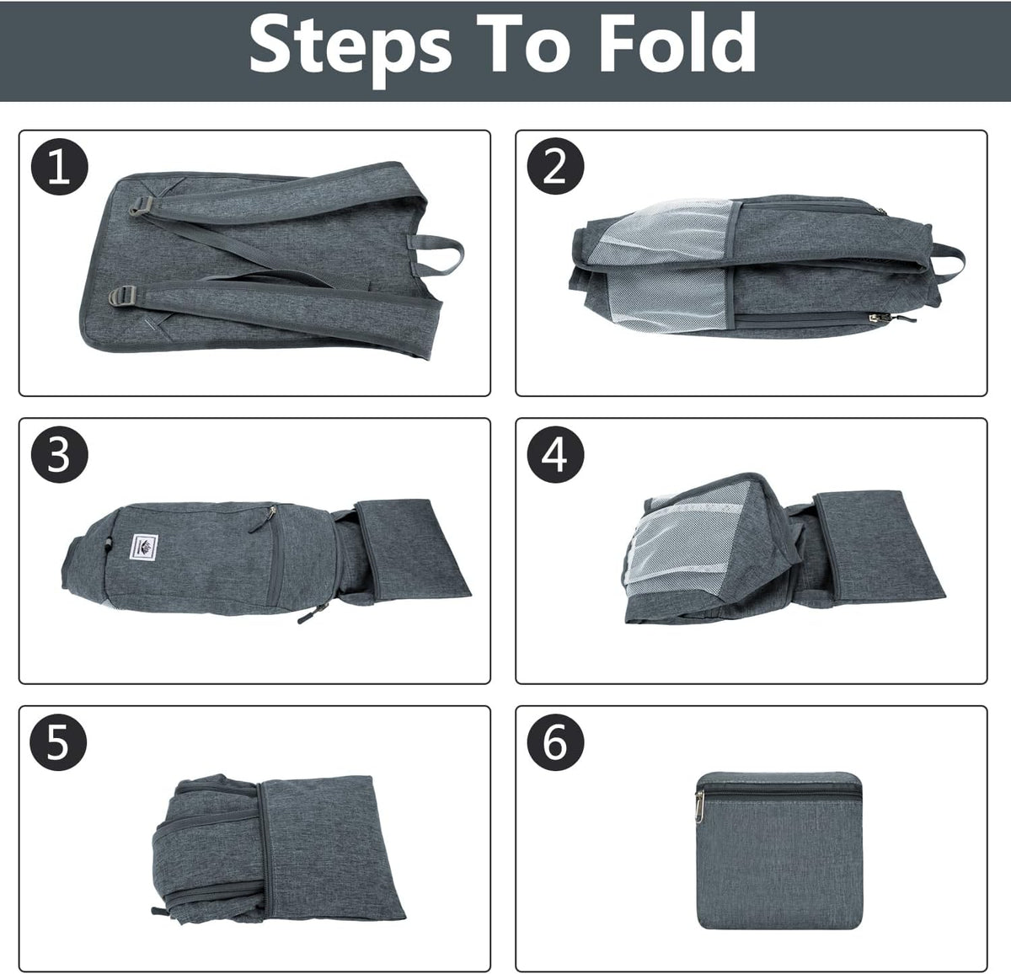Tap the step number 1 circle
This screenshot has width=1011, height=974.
(x=59, y=166)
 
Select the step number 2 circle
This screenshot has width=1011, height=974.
(x=555, y=166)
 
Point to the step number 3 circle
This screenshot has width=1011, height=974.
(x=59, y=454)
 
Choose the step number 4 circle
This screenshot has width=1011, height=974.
(x=555, y=454)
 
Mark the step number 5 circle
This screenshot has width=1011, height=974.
(x=58, y=741)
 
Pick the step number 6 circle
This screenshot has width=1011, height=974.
(x=555, y=741)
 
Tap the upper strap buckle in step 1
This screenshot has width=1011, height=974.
(x=140, y=206)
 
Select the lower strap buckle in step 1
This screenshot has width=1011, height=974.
(x=123, y=296)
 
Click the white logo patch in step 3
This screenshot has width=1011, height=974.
(x=144, y=547)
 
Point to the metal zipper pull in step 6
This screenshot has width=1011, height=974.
(x=700, y=804)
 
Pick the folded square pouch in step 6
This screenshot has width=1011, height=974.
(x=778, y=850)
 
